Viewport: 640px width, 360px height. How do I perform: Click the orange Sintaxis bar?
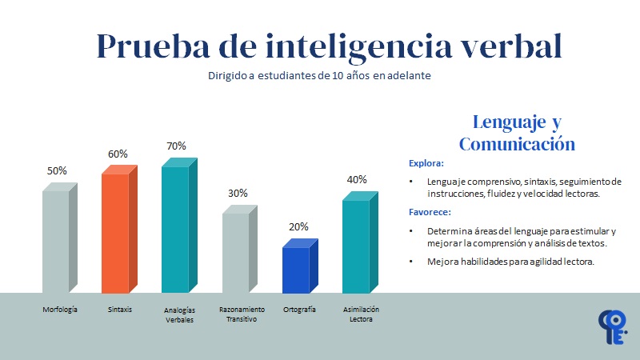point(115,232)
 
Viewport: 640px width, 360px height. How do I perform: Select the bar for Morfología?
point(56,240)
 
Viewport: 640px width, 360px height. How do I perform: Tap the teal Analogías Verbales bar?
point(175,229)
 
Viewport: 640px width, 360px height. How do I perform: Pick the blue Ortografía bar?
point(296,270)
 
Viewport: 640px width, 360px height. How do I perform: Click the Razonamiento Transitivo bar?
point(236,252)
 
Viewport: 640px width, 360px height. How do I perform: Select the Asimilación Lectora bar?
point(356,246)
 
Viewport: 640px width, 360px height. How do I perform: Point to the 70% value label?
point(176,146)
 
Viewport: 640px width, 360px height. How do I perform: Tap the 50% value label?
point(57,170)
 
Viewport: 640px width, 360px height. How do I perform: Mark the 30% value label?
point(238,193)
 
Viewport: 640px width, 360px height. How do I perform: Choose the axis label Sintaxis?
point(120,309)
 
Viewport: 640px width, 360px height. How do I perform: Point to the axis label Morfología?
point(60,309)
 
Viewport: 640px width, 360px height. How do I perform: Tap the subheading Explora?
point(426,163)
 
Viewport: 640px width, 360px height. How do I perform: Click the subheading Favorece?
point(430,212)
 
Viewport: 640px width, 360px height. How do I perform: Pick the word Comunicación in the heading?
point(517,144)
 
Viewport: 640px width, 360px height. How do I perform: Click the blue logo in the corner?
point(613,329)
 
